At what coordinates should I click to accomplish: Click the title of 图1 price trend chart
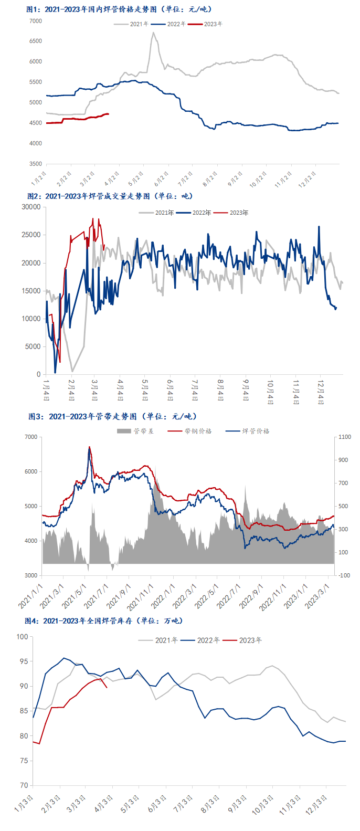[119, 9]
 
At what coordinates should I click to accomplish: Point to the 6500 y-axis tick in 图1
[36, 41]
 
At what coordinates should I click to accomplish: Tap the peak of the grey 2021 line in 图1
[153, 33]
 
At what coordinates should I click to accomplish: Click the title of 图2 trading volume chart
[110, 196]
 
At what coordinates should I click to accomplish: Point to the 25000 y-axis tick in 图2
[31, 235]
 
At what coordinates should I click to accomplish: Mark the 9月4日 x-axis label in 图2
[246, 390]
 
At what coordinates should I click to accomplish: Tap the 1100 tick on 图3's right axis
[345, 437]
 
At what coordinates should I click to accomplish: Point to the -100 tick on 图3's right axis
[345, 575]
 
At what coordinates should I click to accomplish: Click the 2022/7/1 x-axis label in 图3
[230, 596]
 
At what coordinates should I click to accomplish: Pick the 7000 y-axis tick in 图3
[31, 437]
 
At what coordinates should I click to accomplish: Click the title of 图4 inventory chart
[103, 621]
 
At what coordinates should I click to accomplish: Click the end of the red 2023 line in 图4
[107, 687]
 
